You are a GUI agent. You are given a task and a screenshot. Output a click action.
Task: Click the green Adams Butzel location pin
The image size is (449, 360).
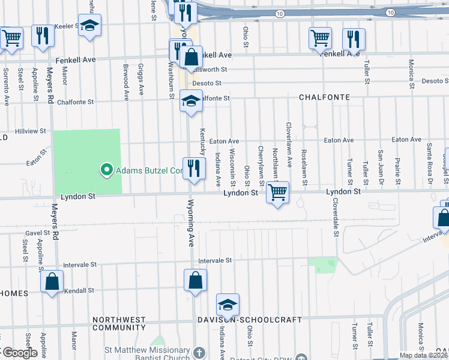coord(107,170)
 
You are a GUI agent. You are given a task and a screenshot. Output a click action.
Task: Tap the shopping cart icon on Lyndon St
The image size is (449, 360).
coord(277,193)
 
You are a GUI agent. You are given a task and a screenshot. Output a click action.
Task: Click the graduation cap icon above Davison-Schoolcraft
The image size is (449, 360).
coord(228,305)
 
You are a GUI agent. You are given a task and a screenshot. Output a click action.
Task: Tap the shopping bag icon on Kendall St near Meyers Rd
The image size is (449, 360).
coord(52,281)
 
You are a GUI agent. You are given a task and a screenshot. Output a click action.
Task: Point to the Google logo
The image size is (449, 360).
coord(19,353)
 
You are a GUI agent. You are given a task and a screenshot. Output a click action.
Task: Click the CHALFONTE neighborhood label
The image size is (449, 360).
coord(325,97)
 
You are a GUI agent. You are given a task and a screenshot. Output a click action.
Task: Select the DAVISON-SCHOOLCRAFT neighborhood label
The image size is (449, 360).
coord(250,320)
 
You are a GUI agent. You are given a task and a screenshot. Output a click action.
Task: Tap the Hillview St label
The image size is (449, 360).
coord(31,131)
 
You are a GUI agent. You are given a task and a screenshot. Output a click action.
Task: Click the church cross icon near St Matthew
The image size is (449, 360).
coord(200,351)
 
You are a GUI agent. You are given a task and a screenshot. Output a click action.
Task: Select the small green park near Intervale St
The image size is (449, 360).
coord(323,265)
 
